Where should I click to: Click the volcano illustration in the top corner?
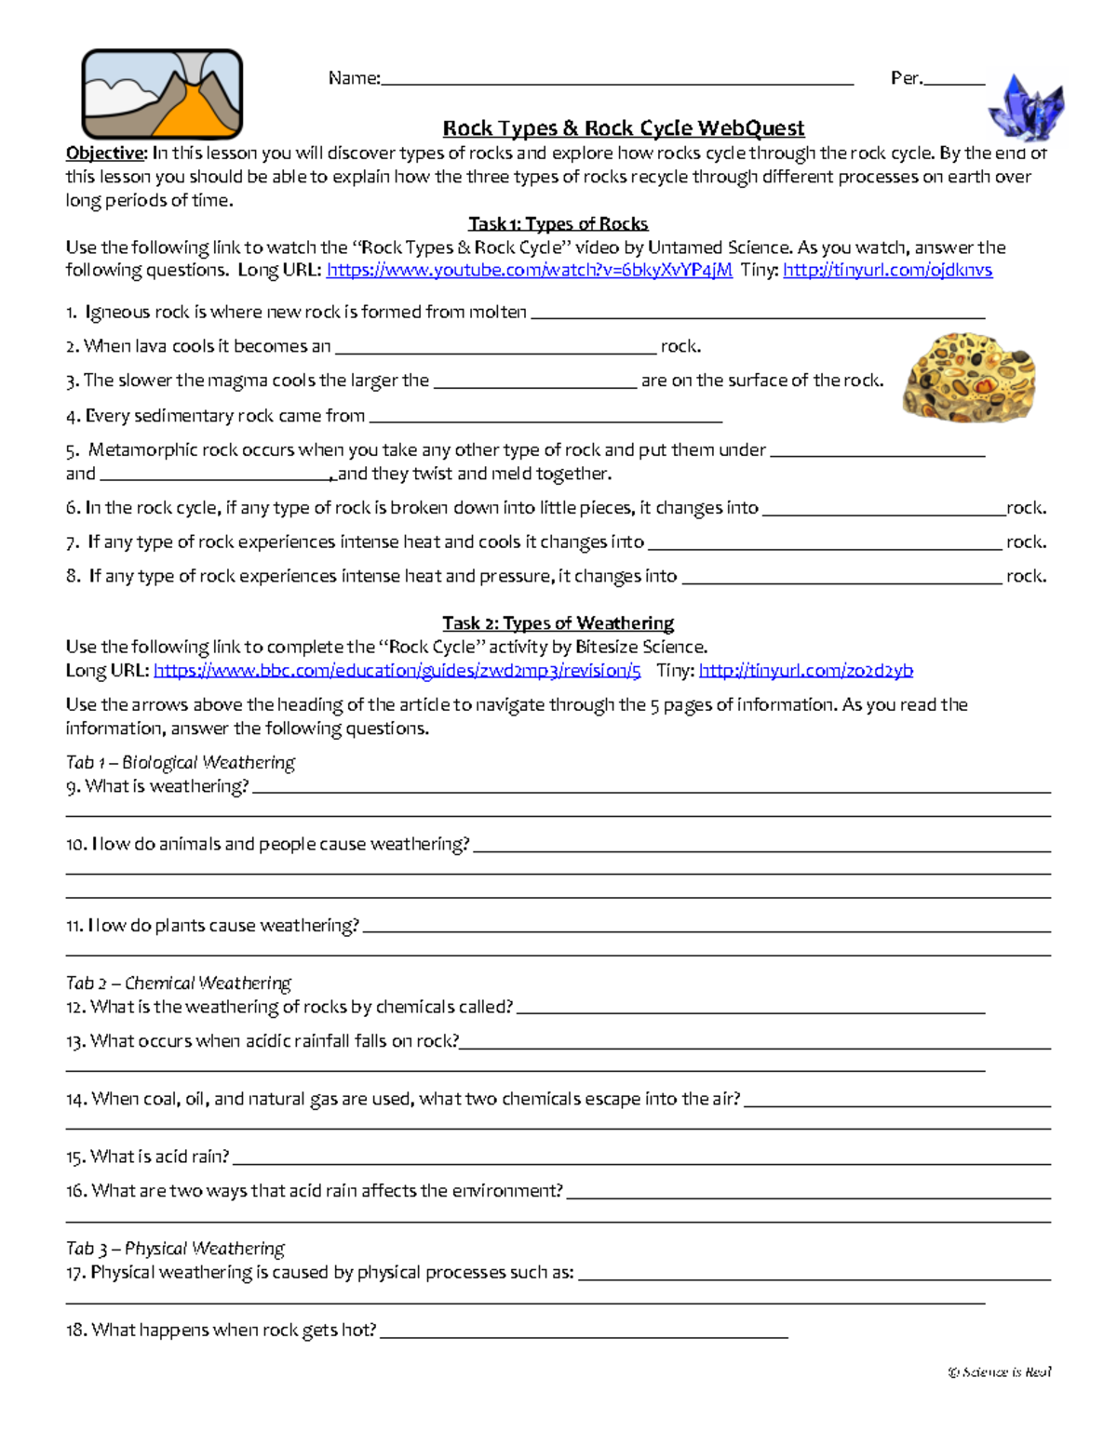click(162, 94)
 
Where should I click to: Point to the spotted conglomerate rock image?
click(968, 376)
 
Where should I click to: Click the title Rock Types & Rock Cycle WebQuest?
click(623, 128)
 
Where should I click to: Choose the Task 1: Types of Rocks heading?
click(558, 223)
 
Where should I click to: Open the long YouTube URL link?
click(529, 270)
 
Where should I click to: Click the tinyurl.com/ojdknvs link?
click(887, 270)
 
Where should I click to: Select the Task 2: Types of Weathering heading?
click(558, 622)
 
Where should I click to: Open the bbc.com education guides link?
click(397, 670)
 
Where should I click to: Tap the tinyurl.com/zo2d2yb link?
click(805, 670)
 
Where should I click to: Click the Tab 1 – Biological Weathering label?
click(180, 762)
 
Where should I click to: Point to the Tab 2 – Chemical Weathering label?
click(178, 983)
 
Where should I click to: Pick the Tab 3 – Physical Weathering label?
click(175, 1248)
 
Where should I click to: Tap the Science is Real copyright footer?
click(1000, 1371)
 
